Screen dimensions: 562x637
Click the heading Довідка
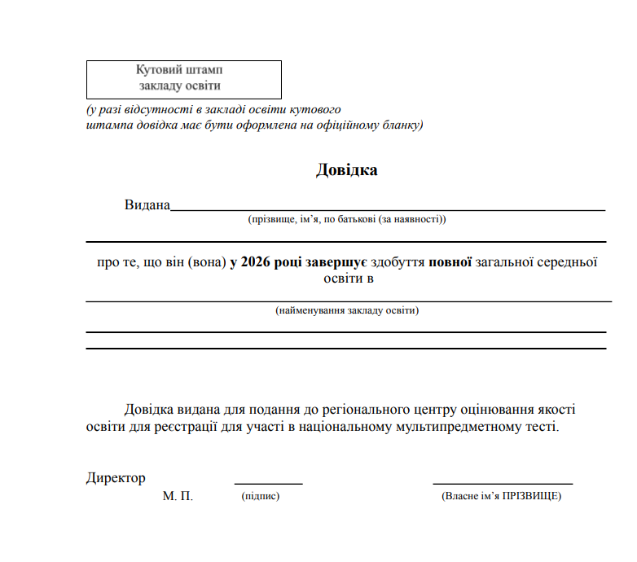tap(346, 170)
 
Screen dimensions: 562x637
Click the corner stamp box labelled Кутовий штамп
tap(184, 79)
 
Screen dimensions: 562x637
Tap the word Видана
tap(147, 204)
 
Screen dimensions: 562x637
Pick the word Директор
tap(116, 478)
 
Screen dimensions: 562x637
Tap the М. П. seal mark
tap(178, 496)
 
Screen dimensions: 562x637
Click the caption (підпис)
tap(261, 496)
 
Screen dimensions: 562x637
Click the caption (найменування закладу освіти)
tap(347, 310)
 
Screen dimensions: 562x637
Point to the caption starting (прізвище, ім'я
tap(347, 219)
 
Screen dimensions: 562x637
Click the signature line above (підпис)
tap(269, 484)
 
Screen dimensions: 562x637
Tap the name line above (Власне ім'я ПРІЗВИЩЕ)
tap(503, 484)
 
